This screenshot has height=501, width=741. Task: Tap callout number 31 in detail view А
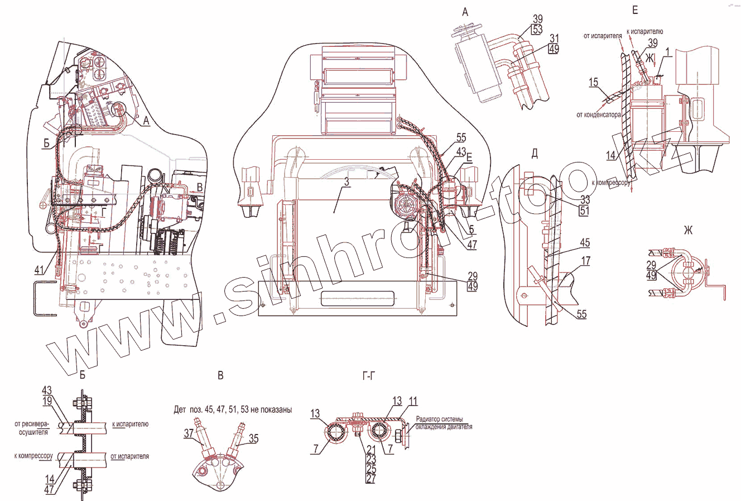(553, 38)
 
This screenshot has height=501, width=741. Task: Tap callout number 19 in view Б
(47, 400)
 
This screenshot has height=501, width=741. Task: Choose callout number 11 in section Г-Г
(413, 402)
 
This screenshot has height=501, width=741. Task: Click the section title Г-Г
(368, 378)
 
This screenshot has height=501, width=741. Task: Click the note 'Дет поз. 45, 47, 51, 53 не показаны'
(232, 409)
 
